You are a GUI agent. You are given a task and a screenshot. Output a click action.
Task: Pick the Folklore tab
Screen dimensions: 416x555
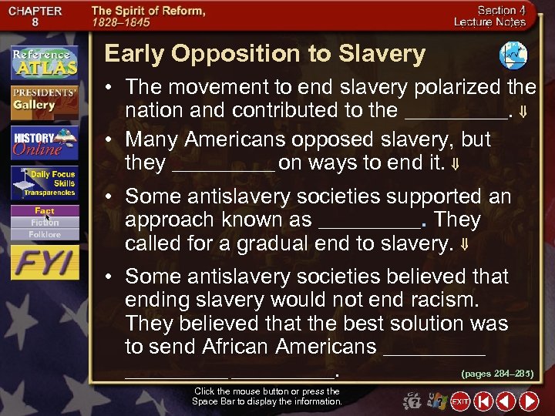pyautogui.click(x=45, y=233)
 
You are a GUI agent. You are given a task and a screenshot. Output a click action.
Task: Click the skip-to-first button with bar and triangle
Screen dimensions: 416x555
pyautogui.click(x=483, y=401)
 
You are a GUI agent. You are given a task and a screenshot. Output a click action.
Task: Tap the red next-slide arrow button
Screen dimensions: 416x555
pyautogui.click(x=529, y=401)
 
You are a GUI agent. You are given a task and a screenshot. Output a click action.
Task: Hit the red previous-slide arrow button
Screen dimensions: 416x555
pyautogui.click(x=506, y=401)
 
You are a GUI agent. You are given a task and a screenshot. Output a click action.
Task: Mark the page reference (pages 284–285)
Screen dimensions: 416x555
pyautogui.click(x=496, y=374)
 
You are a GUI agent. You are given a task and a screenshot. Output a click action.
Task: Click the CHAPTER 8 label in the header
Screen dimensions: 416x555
pyautogui.click(x=36, y=17)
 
